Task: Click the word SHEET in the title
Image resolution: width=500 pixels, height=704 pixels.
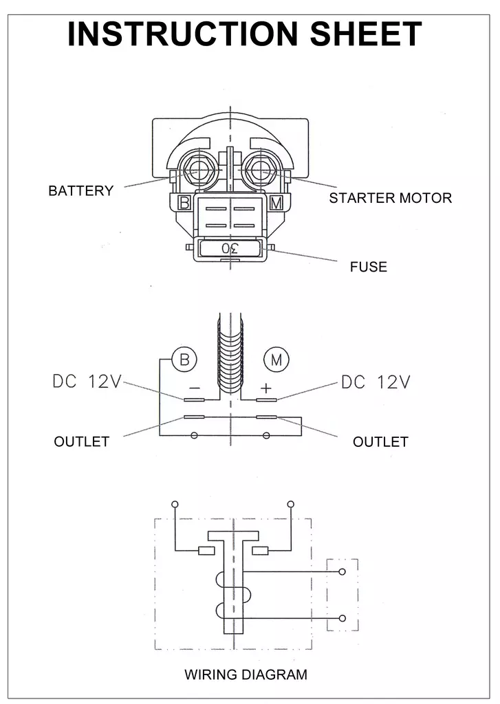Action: pyautogui.click(x=366, y=34)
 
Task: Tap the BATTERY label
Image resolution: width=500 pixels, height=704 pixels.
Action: pyautogui.click(x=80, y=191)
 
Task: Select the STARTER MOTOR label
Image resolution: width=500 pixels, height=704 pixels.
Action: pyautogui.click(x=390, y=198)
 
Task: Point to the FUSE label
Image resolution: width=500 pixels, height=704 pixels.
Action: pyautogui.click(x=368, y=267)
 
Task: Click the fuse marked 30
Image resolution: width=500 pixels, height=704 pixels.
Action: pyautogui.click(x=230, y=248)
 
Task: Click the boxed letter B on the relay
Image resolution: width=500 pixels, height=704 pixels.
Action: pyautogui.click(x=184, y=203)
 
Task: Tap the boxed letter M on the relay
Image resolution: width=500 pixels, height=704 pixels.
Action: pyautogui.click(x=276, y=203)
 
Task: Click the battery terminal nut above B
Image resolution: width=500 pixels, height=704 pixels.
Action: pyautogui.click(x=200, y=168)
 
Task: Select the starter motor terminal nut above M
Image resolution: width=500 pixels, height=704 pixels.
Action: pyautogui.click(x=261, y=168)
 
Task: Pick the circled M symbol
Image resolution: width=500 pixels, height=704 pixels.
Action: pyautogui.click(x=276, y=359)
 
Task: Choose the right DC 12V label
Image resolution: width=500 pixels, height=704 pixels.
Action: pyautogui.click(x=376, y=382)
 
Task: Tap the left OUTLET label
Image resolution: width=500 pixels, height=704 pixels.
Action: pyautogui.click(x=81, y=441)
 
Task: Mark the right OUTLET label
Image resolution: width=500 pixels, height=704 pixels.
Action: pyautogui.click(x=380, y=441)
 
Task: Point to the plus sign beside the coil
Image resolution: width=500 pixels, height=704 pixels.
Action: pyautogui.click(x=266, y=388)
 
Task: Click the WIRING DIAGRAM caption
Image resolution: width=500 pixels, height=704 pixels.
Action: pyautogui.click(x=246, y=674)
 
